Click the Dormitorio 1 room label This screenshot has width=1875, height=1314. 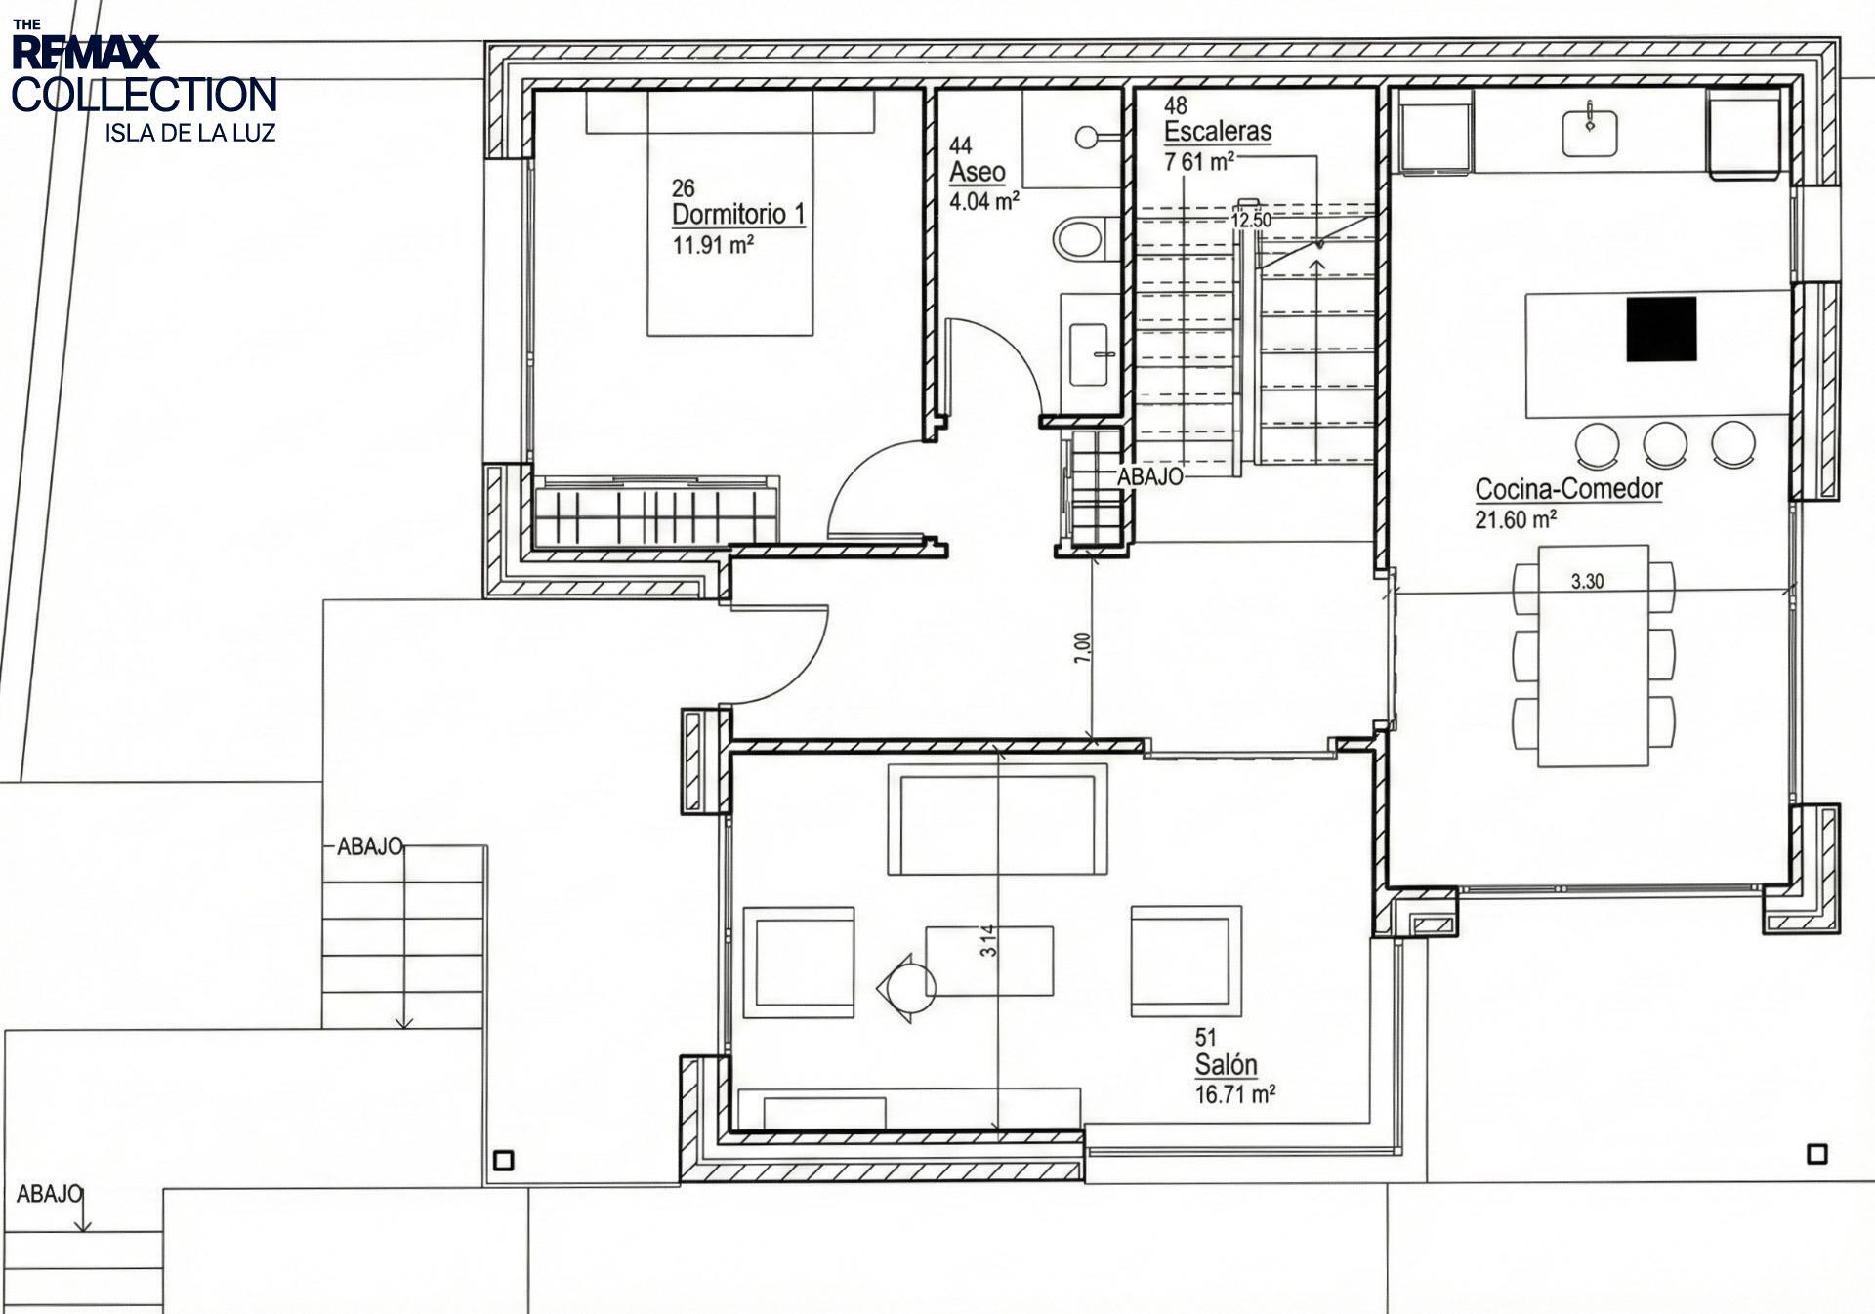pos(738,214)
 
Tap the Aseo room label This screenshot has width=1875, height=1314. pos(977,173)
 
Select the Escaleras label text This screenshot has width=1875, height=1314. pos(1217,131)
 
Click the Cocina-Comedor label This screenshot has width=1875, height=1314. pos(1568,489)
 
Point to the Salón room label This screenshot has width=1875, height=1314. pos(1226,1065)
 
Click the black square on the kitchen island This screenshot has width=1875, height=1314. pos(1661,330)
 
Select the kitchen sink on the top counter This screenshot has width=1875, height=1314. pos(1589,133)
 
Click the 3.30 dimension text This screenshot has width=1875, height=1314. pos(1587,582)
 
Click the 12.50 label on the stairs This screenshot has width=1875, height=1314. pos(1251,221)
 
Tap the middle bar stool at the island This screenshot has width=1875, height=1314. pos(1665,443)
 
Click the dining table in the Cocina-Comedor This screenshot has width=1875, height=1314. pos(1593,656)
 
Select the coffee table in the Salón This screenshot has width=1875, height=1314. pos(989,961)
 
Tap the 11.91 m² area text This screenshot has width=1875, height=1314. pos(713,245)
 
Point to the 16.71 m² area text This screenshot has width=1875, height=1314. pos(1235,1094)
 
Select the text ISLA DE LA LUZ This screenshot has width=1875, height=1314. pos(190,133)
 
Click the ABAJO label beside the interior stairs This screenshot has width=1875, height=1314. pos(1149,476)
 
